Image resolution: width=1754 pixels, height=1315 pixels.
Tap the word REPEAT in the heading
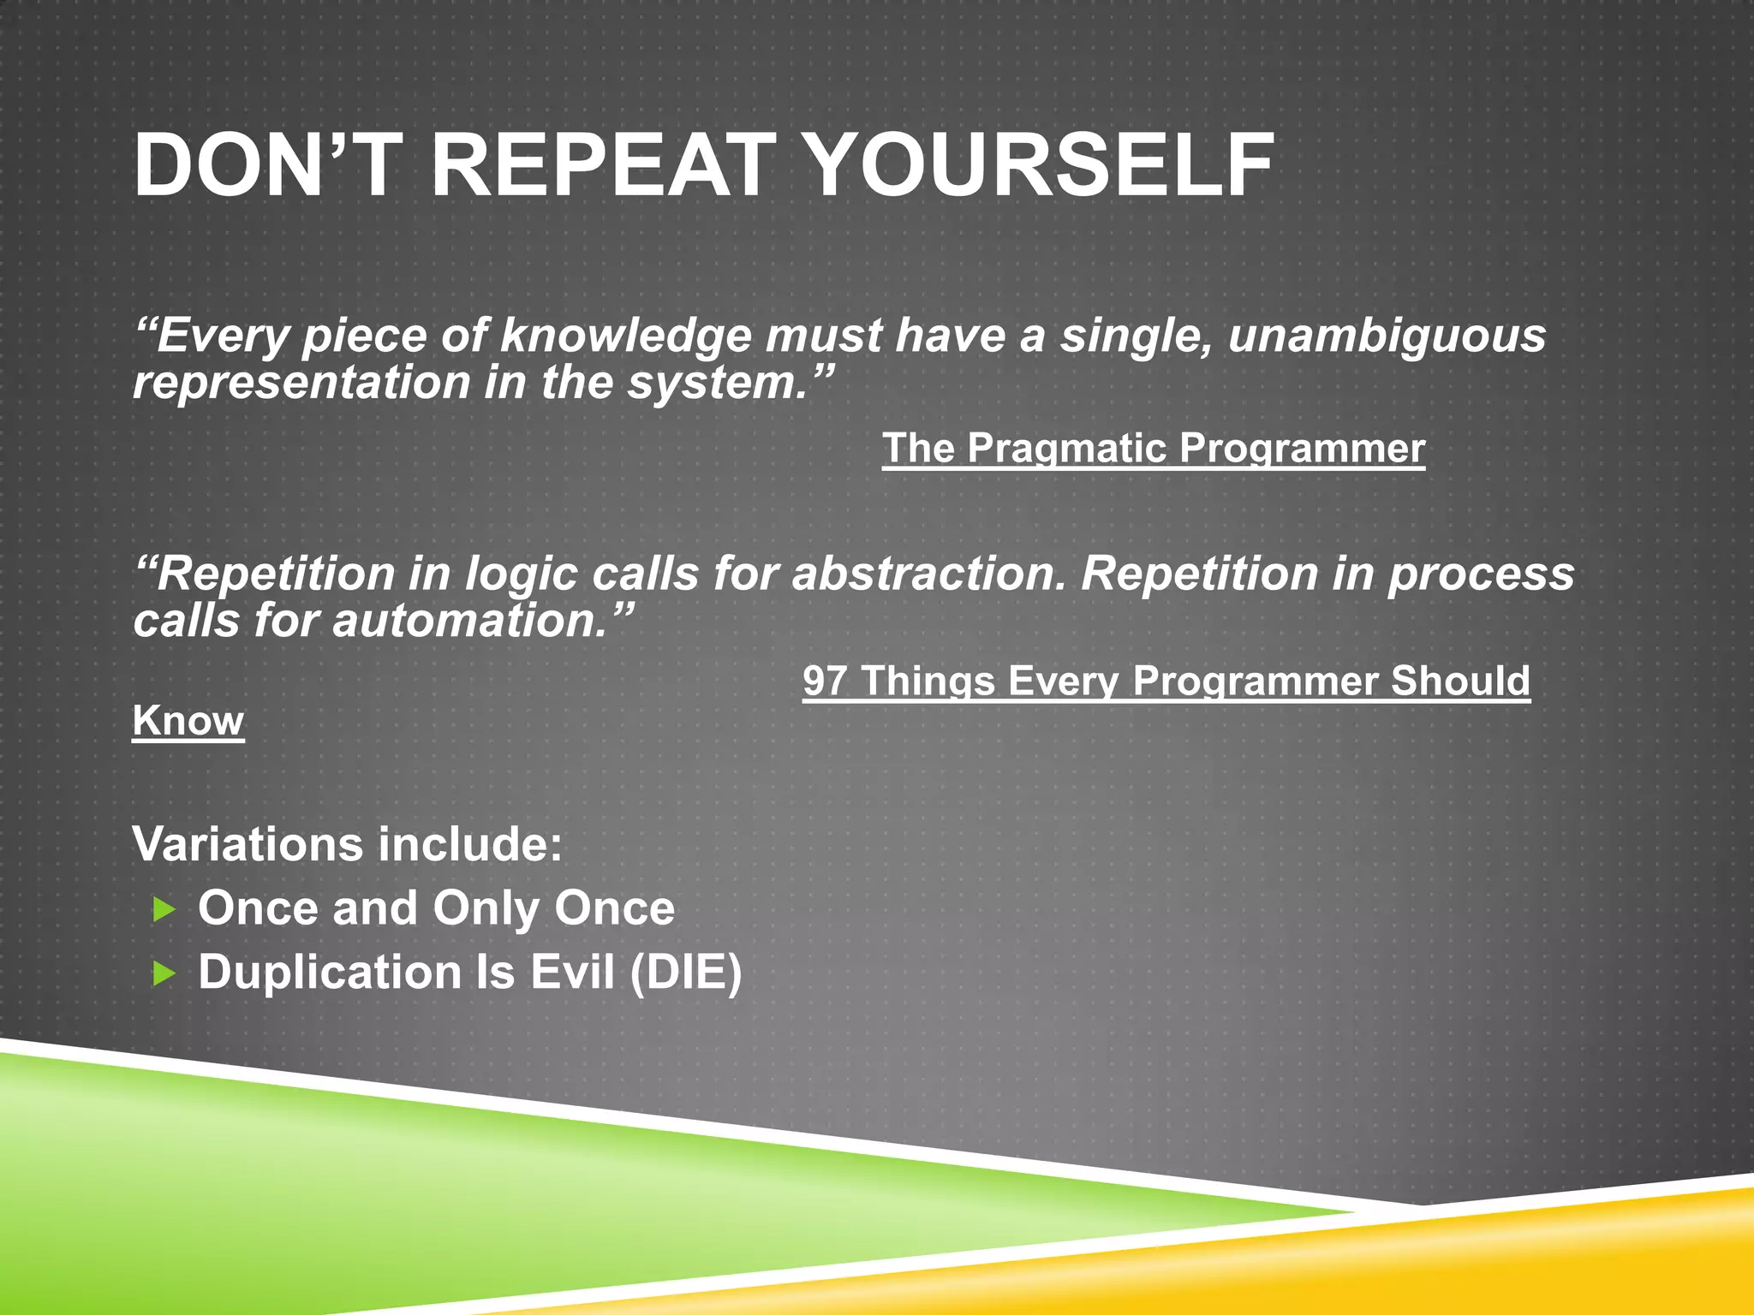pyautogui.click(x=602, y=165)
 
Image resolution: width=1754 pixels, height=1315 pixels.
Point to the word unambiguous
pyautogui.click(x=1387, y=336)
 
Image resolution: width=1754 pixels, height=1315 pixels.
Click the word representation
pyautogui.click(x=301, y=384)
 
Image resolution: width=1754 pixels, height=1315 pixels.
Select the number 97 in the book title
pyautogui.click(x=825, y=681)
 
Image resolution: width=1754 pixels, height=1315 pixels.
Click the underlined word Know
pyautogui.click(x=188, y=721)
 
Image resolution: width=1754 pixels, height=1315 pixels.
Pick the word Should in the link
pyautogui.click(x=1459, y=681)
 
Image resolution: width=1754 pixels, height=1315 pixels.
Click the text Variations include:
pyautogui.click(x=347, y=845)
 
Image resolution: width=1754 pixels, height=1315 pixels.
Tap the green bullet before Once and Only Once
pyautogui.click(x=164, y=909)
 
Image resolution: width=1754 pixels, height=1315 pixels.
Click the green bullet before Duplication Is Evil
pyautogui.click(x=164, y=973)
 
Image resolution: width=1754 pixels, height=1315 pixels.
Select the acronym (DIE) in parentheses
pyautogui.click(x=685, y=973)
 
